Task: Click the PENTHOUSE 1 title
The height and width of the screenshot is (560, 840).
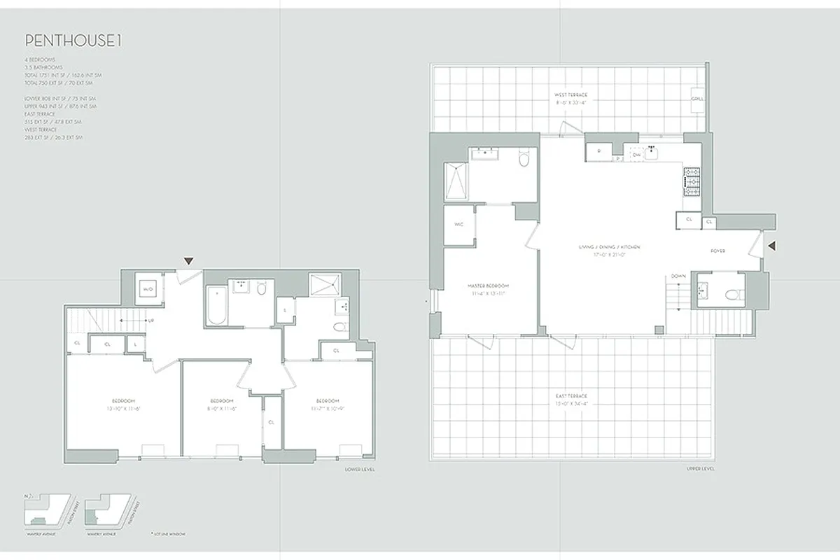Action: click(73, 41)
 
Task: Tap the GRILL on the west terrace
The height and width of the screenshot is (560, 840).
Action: click(698, 99)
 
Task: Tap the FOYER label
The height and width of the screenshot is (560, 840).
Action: click(718, 251)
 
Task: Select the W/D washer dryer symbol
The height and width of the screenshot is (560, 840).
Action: click(148, 288)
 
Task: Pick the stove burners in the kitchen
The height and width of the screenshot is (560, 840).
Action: click(692, 182)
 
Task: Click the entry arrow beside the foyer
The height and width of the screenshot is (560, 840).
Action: click(772, 245)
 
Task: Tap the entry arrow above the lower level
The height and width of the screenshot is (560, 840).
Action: click(188, 261)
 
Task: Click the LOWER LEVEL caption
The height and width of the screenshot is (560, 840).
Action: click(360, 469)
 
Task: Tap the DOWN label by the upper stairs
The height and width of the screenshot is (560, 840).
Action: click(678, 276)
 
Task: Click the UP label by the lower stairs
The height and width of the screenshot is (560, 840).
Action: click(151, 321)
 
